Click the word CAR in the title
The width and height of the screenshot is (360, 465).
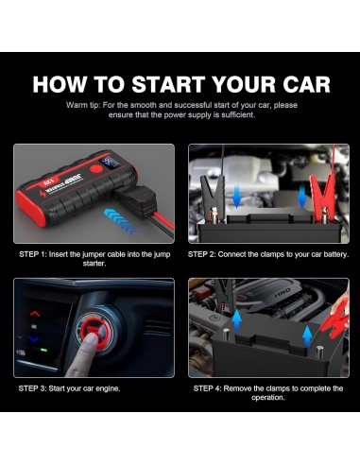pyautogui.click(x=301, y=84)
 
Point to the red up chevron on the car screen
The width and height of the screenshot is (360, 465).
pyautogui.click(x=34, y=314)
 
